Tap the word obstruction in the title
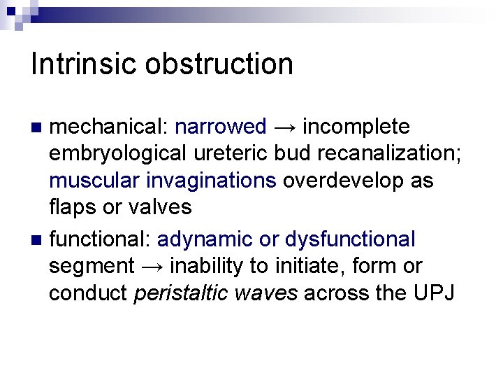(219, 64)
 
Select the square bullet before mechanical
(38, 127)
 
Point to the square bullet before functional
(38, 240)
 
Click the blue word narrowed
(221, 127)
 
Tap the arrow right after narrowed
(284, 127)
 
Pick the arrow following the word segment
(152, 267)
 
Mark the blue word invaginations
(211, 181)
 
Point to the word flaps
(75, 207)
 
